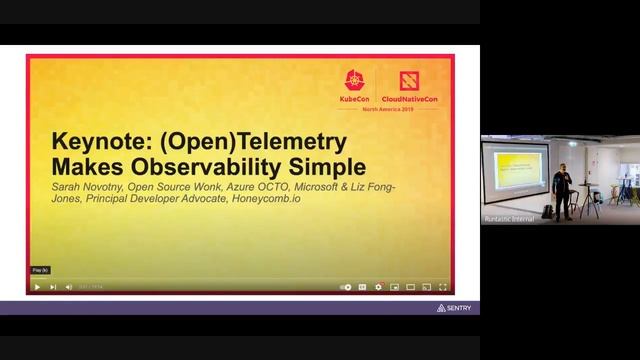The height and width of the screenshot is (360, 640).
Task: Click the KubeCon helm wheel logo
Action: (x=354, y=81)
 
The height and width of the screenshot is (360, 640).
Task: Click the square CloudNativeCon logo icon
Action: (x=410, y=81)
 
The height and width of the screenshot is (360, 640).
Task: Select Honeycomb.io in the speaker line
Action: (x=270, y=198)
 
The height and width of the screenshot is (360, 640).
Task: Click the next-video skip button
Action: (x=53, y=287)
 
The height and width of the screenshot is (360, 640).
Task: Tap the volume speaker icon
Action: (x=69, y=287)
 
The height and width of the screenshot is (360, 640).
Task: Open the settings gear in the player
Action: (x=378, y=287)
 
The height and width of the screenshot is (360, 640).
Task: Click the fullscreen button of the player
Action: (x=443, y=287)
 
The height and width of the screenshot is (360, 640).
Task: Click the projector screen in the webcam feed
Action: (x=516, y=170)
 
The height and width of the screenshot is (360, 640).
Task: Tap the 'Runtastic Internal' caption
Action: (x=509, y=217)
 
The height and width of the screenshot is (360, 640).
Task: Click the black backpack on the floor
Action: (x=549, y=212)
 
